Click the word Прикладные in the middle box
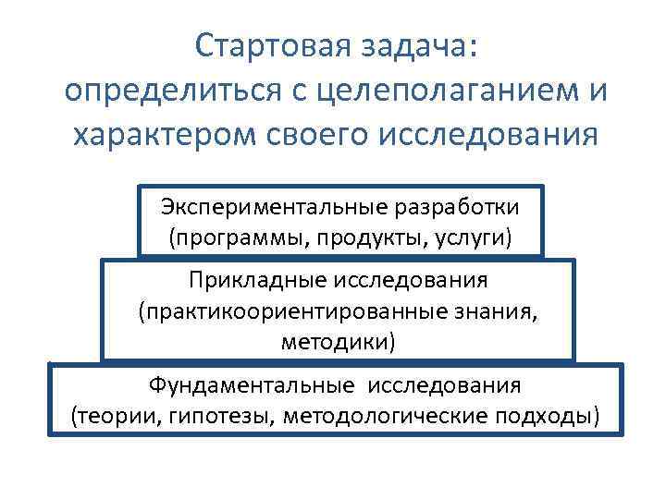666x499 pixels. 252,279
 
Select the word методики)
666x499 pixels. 339,343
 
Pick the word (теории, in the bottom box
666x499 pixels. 117,416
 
